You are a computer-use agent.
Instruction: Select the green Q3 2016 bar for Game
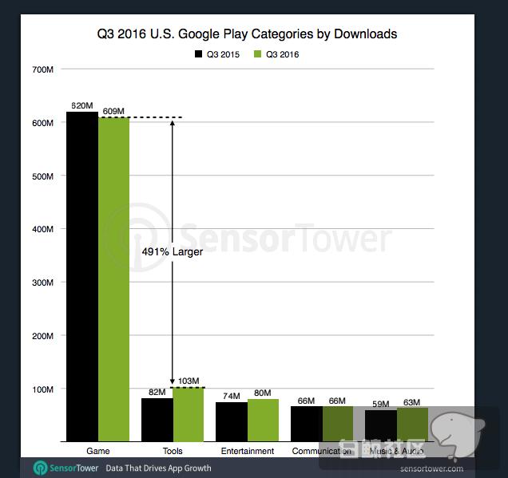coord(113,279)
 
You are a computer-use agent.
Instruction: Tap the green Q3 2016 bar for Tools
coord(189,414)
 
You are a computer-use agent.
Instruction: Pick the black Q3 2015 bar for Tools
coord(157,420)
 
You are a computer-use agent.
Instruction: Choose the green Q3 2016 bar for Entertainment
coord(263,420)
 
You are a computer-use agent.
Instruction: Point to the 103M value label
coord(189,381)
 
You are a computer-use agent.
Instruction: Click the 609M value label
coord(114,111)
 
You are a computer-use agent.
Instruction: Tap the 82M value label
coord(157,392)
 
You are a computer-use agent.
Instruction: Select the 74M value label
coord(232,396)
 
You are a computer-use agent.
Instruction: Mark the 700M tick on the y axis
coord(43,69)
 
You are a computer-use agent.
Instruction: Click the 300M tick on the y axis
coord(43,282)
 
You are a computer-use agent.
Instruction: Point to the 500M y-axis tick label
coord(43,176)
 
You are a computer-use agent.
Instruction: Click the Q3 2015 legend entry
coord(216,54)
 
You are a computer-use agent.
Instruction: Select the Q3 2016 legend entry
coord(276,54)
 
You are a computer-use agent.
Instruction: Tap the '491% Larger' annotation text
coord(173,251)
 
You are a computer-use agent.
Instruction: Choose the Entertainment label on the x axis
coord(247,451)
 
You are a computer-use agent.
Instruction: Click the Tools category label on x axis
coord(173,451)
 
